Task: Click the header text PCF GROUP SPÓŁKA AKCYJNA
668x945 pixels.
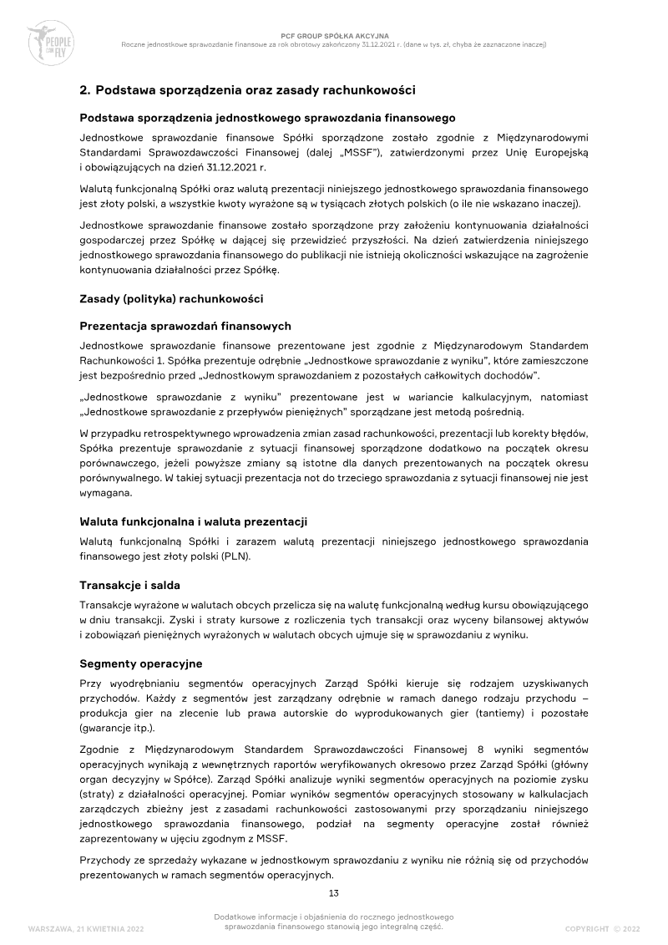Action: pyautogui.click(x=334, y=36)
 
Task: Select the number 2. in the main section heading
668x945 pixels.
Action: pyautogui.click(x=85, y=89)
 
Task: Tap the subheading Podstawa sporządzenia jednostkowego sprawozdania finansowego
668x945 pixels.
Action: pyautogui.click(x=267, y=119)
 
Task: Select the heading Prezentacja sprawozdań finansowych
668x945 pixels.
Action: pyautogui.click(x=185, y=325)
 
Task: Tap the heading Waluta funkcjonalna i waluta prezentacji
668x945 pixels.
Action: pyautogui.click(x=194, y=521)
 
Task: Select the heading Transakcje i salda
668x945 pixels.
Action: pyautogui.click(x=129, y=585)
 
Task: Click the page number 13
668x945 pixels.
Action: pyautogui.click(x=334, y=893)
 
